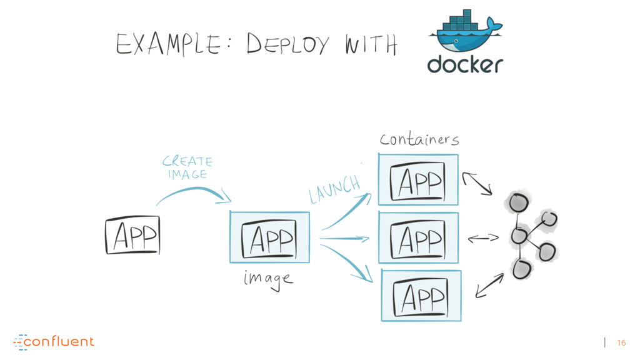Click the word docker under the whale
click(465, 65)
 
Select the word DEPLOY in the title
click(287, 44)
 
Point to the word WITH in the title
click(371, 44)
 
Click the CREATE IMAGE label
click(187, 167)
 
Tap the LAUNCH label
click(335, 189)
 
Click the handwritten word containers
click(419, 139)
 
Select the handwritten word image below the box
click(268, 279)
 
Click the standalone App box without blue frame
click(132, 236)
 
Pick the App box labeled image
click(270, 237)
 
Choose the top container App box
click(418, 179)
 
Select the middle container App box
click(418, 237)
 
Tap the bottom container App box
click(421, 296)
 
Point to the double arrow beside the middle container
click(483, 238)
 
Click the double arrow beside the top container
click(477, 184)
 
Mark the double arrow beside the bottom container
click(489, 285)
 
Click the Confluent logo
click(54, 342)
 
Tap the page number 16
click(621, 343)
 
